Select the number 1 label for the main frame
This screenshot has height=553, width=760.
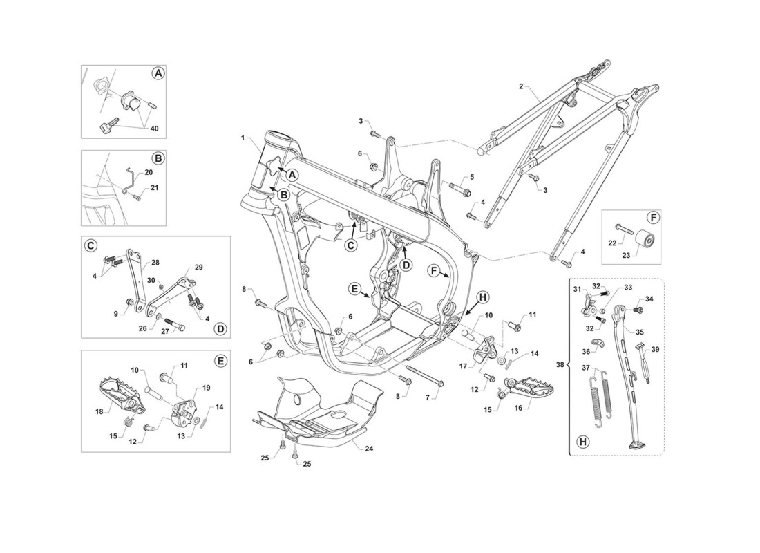click(243, 138)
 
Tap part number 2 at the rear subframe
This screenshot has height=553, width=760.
click(520, 87)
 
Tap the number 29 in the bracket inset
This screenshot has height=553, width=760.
click(199, 268)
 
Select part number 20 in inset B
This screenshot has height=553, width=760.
click(150, 172)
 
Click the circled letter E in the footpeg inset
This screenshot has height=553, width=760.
click(220, 361)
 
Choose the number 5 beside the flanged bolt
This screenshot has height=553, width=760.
click(473, 177)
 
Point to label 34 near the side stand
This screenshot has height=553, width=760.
click(649, 299)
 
